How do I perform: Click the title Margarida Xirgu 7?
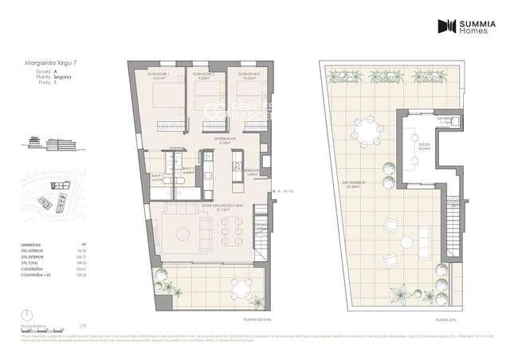point(46,62)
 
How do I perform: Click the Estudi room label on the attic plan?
point(423,145)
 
